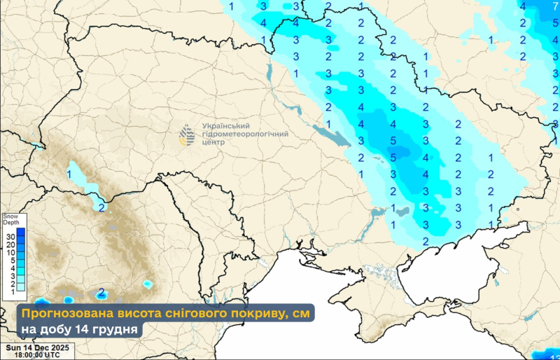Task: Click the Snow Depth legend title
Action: click(x=10, y=221)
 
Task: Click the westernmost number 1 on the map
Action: click(x=69, y=172)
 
